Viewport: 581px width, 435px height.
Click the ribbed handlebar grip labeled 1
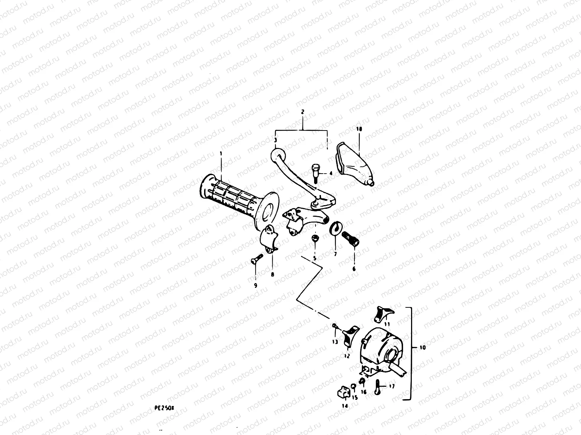coord(232,198)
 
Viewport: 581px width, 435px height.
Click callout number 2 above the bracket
coord(302,112)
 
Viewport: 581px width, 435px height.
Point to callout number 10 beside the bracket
coord(422,347)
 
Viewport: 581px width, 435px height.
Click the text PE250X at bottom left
coord(164,407)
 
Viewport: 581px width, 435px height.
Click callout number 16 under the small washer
coord(363,392)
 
